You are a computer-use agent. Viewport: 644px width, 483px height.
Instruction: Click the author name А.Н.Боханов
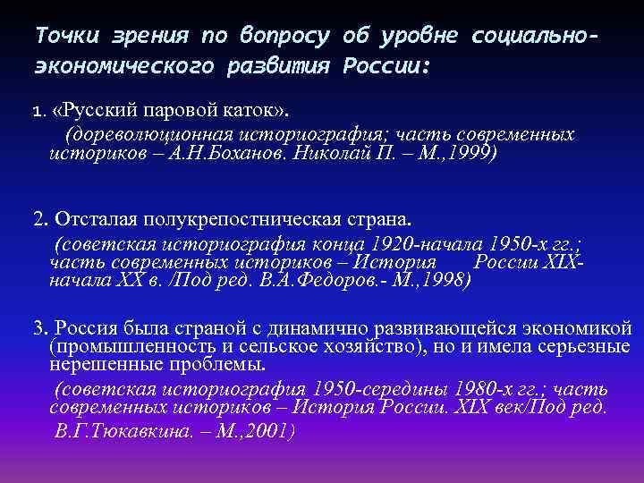[258, 152]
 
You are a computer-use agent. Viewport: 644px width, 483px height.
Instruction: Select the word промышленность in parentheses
[124, 346]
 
